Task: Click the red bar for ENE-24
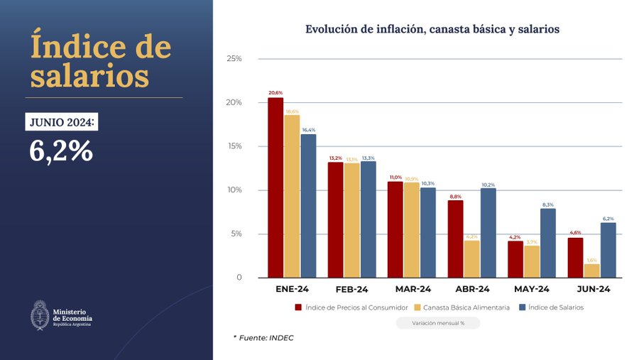[275, 187]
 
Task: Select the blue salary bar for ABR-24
[488, 232]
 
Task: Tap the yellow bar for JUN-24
[592, 271]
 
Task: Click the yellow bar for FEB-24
[352, 220]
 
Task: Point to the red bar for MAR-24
[395, 229]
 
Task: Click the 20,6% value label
[275, 93]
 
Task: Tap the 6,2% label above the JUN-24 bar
[608, 219]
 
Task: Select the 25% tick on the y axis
[234, 58]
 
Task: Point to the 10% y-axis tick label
[234, 190]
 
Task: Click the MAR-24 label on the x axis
[413, 290]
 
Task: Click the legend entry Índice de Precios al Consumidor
[351, 307]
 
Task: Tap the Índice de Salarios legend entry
[551, 307]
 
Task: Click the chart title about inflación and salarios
[432, 29]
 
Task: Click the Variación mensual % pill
[438, 323]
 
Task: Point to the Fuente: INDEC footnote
[263, 338]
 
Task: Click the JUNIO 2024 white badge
[61, 122]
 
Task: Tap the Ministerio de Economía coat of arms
[40, 315]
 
